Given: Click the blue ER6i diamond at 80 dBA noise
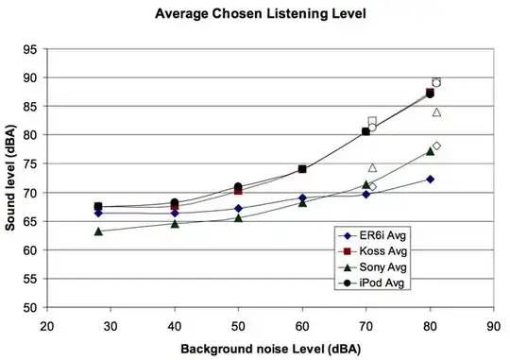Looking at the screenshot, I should click(430, 179).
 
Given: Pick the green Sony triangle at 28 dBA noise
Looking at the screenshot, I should click(98, 231).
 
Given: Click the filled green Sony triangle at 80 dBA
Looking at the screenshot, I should click(430, 151).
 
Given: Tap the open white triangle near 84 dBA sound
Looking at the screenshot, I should click(436, 112).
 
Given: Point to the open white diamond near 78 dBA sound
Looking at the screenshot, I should click(436, 146).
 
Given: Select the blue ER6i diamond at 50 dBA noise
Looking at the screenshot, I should click(238, 208).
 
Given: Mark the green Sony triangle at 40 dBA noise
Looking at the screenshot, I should click(175, 223).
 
